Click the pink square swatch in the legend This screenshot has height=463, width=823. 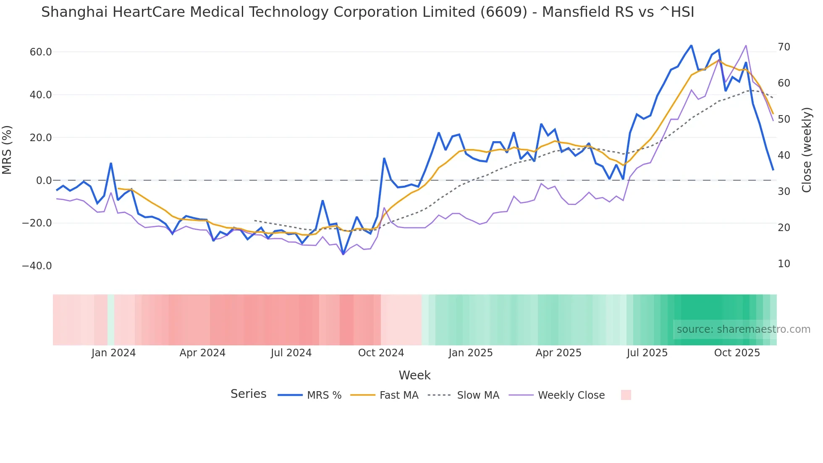(626, 395)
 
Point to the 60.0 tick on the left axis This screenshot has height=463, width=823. (41, 52)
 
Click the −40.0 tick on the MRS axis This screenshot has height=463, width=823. (37, 266)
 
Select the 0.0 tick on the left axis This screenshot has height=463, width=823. (44, 181)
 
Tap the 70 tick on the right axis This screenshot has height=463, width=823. (784, 47)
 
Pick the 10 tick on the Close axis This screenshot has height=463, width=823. (784, 264)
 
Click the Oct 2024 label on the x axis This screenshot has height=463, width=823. (381, 353)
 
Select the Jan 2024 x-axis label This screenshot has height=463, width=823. (113, 353)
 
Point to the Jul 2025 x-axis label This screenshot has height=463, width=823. (647, 353)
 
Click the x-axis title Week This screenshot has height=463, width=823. (414, 375)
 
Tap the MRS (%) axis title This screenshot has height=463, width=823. (7, 150)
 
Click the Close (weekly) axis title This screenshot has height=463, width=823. (806, 150)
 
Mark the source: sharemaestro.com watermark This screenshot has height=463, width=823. (743, 329)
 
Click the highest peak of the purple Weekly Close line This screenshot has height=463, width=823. (746, 45)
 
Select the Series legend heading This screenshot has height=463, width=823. (248, 394)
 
